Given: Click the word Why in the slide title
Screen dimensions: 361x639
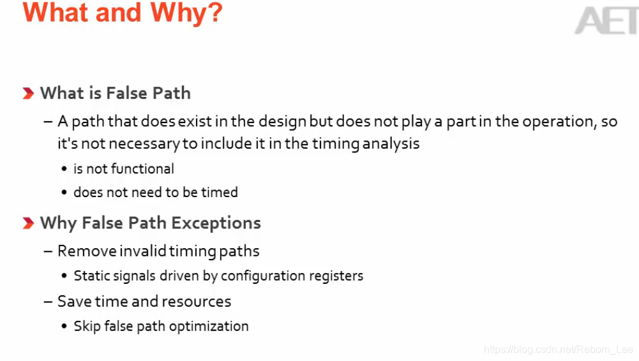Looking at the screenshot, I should pos(192,13).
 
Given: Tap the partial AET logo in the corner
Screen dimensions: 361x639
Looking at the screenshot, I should pos(606,21).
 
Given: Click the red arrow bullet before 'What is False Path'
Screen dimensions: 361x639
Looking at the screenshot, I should pos(28,94).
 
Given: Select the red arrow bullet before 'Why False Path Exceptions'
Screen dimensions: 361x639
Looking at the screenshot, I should pos(28,223).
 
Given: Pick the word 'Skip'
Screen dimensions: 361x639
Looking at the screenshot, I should pos(87,327).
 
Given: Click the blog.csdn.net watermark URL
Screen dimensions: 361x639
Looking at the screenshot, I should pos(559,350).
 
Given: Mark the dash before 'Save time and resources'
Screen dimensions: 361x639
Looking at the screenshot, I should pos(49,302).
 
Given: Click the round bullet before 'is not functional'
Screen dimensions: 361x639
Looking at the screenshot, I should pos(64,170).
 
